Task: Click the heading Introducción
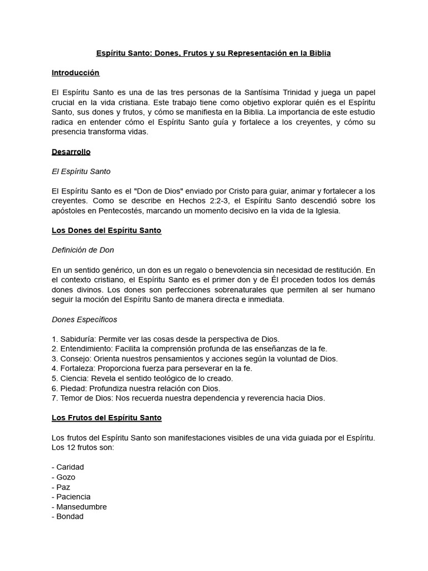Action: coord(75,72)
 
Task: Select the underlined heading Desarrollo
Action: coord(71,152)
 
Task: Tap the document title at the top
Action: coord(213,53)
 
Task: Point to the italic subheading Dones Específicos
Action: coord(84,320)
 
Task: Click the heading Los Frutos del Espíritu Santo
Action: coord(106,418)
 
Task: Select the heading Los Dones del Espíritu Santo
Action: coord(106,230)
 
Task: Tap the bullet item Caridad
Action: coord(70,467)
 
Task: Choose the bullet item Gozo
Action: coord(66,477)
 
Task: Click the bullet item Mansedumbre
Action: coord(81,507)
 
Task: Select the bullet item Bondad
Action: coord(70,516)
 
